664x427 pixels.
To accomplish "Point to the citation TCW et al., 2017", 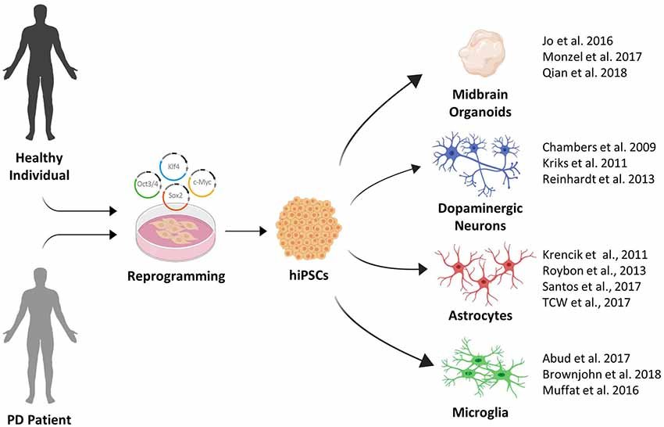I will (x=584, y=303).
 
